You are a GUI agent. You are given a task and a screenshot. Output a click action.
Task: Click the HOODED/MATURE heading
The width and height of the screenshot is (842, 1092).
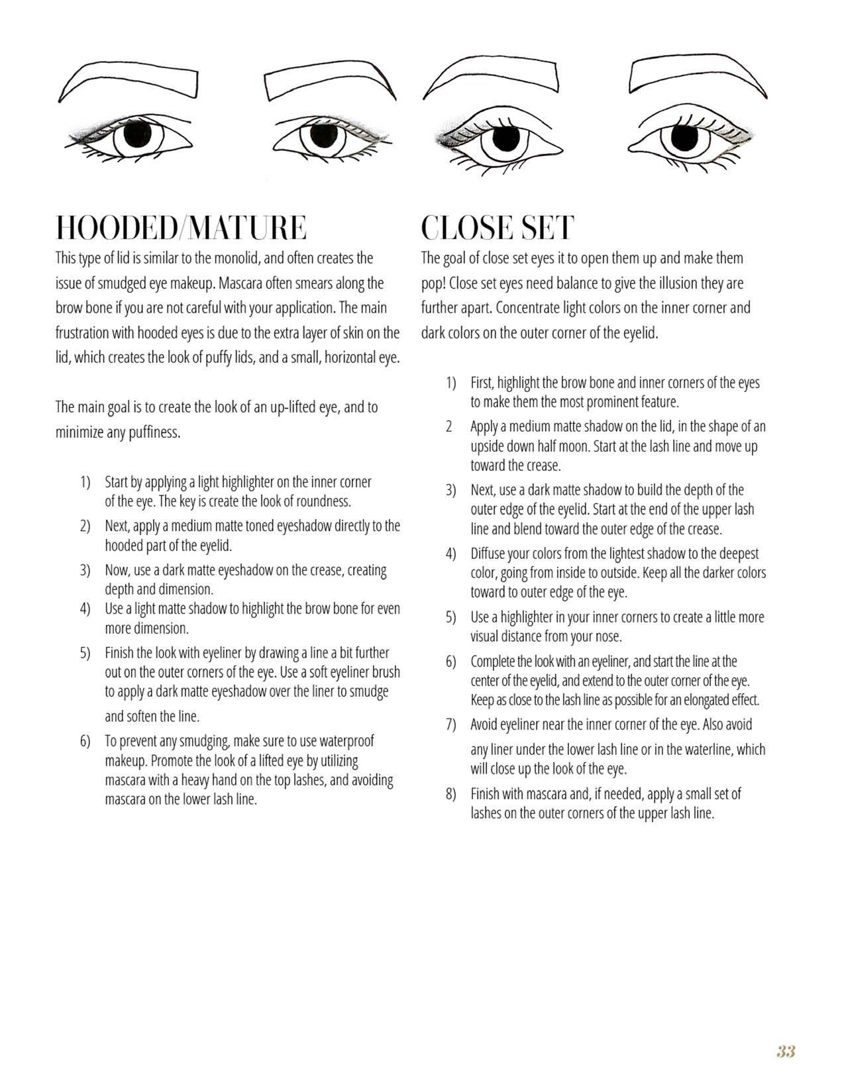tap(181, 228)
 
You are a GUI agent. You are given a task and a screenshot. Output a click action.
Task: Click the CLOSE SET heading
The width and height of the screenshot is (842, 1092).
tap(497, 228)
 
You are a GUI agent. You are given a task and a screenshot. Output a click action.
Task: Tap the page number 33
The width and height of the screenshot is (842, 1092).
tap(786, 1051)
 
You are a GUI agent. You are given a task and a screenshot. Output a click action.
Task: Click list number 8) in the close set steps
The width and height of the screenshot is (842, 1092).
tap(451, 794)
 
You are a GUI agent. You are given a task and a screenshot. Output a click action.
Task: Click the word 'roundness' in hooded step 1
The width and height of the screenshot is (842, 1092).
tap(324, 501)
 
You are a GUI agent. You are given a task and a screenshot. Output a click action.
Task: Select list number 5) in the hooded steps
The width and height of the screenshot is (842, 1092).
tap(85, 654)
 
